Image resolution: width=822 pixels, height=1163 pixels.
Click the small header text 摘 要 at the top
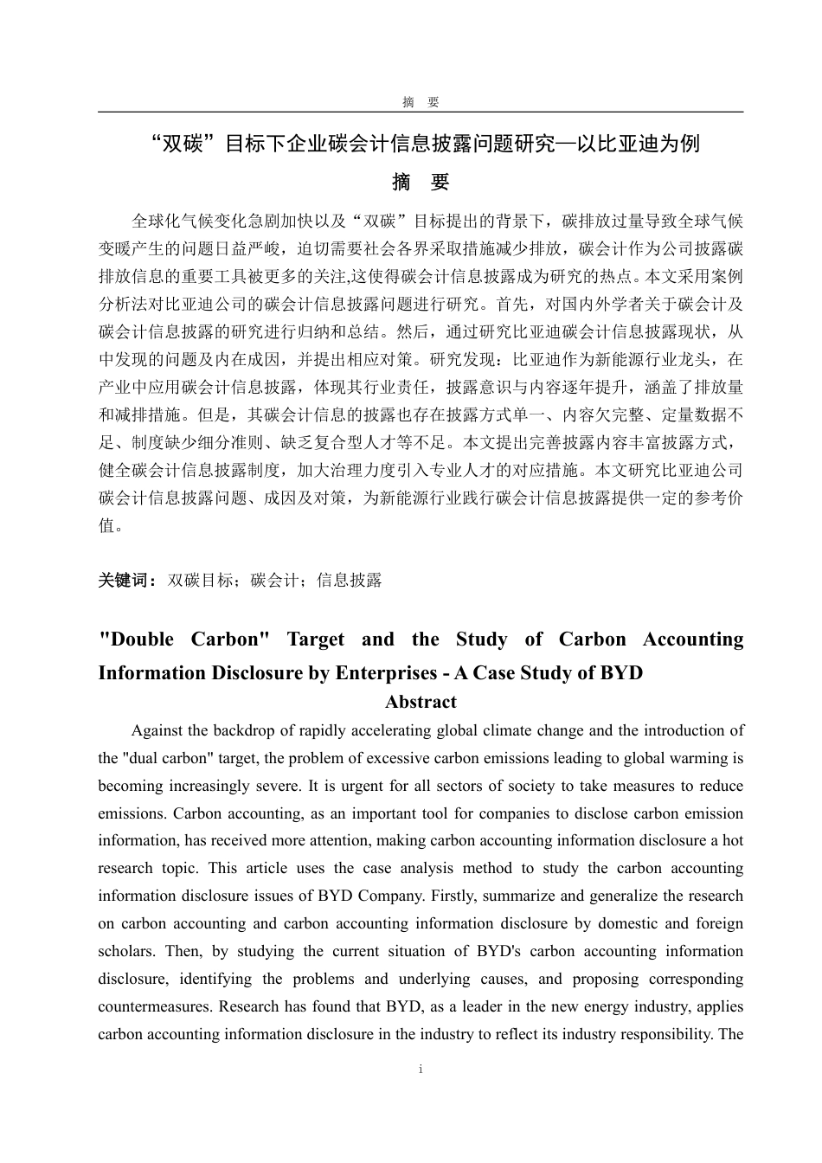point(421,102)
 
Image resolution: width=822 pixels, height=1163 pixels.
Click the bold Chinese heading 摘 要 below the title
point(421,183)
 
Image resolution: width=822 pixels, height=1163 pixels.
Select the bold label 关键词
point(126,581)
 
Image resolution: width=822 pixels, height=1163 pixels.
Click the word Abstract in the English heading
point(421,702)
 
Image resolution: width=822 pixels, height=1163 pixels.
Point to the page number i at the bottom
point(421,1070)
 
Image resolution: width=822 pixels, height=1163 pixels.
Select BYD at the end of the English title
point(621,673)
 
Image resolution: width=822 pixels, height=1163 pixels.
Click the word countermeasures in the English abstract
point(156,1006)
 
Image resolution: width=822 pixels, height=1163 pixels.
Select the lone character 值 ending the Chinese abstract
point(106,525)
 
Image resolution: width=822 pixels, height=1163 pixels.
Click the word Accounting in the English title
point(692,639)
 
